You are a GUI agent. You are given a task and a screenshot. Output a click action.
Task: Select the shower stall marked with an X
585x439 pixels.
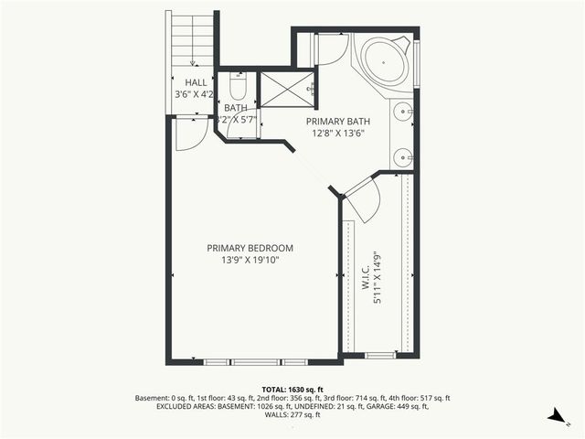pos(285,89)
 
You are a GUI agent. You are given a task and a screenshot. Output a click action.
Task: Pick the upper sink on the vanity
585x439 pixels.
pos(403,114)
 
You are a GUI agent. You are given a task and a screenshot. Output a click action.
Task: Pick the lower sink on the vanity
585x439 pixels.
pos(403,157)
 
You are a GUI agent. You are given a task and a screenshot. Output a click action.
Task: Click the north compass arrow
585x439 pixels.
pos(554,416)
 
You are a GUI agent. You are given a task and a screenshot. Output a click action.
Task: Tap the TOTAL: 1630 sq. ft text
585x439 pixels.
pos(292,389)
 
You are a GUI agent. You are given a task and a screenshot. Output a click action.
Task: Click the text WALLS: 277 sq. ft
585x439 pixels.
pos(292,415)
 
